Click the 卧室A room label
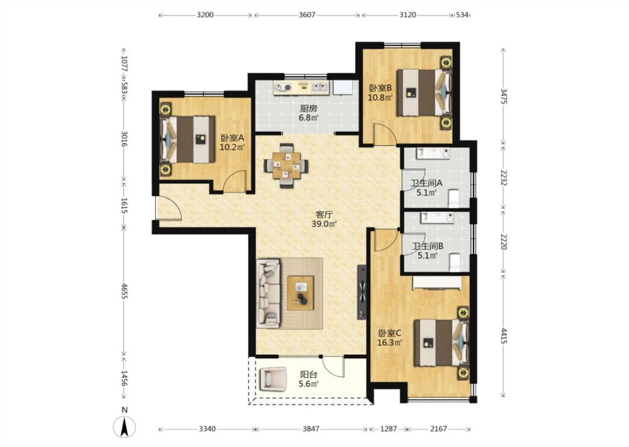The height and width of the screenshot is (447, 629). click(232, 138)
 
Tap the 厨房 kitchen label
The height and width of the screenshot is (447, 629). click(309, 108)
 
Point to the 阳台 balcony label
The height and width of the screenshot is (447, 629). click(309, 374)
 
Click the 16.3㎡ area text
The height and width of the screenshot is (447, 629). click(390, 343)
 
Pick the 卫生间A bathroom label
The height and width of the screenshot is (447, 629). click(426, 183)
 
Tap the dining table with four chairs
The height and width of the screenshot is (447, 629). click(286, 165)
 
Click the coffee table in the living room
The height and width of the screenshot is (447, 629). click(300, 293)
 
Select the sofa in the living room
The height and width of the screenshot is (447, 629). click(268, 293)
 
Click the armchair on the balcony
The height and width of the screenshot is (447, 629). click(273, 379)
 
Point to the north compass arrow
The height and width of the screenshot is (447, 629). click(125, 427)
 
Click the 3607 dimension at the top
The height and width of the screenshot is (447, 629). click(307, 15)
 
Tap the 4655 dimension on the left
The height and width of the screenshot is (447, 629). click(124, 291)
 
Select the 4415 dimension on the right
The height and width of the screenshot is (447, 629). click(504, 336)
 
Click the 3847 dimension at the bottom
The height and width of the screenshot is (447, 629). click(311, 429)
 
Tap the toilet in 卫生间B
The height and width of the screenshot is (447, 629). click(455, 263)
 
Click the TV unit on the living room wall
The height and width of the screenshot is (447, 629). click(362, 292)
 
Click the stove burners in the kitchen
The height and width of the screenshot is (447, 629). click(283, 88)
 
